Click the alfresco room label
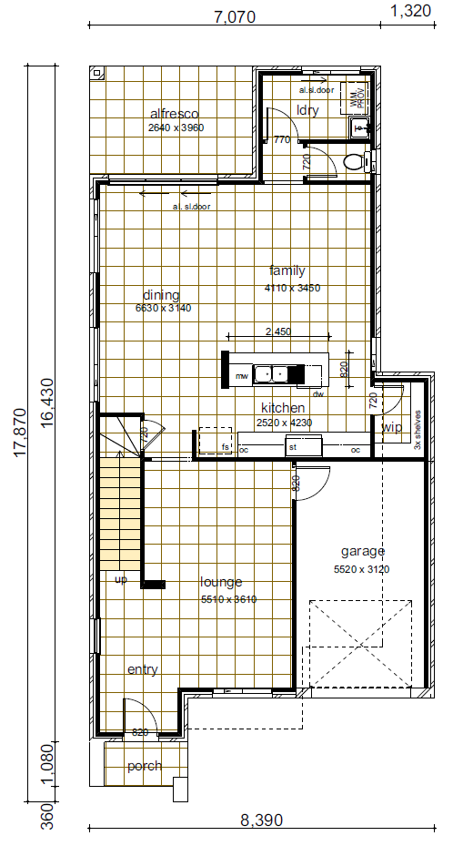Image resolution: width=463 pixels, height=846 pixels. click(x=174, y=114)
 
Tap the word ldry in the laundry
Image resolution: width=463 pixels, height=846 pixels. click(x=307, y=110)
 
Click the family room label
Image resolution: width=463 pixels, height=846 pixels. click(x=287, y=270)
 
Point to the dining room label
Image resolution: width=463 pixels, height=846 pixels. click(x=161, y=295)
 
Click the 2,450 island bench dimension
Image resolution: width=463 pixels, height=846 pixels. click(x=277, y=331)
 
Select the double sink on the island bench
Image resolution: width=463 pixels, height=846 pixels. click(x=270, y=372)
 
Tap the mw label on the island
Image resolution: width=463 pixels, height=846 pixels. click(x=242, y=375)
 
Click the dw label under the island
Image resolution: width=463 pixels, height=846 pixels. click(x=317, y=394)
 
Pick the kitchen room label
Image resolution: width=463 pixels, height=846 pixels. click(x=282, y=408)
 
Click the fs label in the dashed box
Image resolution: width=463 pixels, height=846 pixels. click(x=225, y=447)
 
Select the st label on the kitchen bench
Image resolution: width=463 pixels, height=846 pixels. click(x=293, y=448)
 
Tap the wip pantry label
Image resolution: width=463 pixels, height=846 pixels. click(x=392, y=427)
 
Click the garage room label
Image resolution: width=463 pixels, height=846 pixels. click(x=363, y=551)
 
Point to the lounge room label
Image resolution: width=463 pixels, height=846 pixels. click(x=221, y=582)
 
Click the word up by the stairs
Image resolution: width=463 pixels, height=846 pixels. click(x=120, y=578)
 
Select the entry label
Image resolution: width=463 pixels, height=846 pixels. click(x=142, y=669)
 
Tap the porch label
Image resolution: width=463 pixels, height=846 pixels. click(x=144, y=766)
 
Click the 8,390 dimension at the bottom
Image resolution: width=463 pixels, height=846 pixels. click(x=261, y=821)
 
